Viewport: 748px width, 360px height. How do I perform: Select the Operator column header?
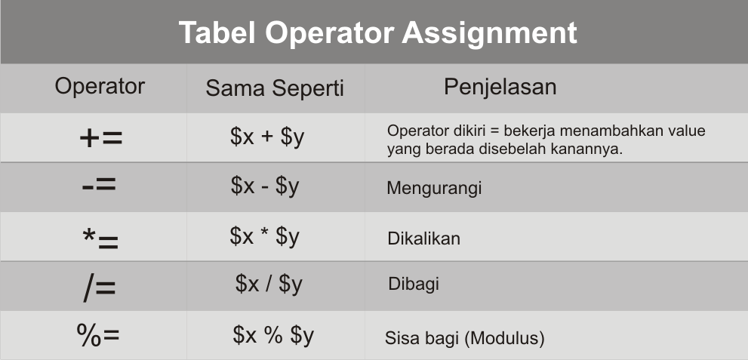(100, 86)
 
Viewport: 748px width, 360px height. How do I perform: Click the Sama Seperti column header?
(275, 88)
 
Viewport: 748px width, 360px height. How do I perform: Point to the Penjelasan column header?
(500, 87)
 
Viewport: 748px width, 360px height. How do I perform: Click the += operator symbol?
(100, 137)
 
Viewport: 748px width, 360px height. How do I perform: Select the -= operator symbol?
(99, 186)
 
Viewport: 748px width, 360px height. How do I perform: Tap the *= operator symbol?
(100, 238)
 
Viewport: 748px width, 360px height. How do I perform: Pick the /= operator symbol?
(100, 288)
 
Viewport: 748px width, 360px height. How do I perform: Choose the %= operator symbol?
(98, 335)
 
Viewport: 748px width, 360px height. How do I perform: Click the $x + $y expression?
(266, 138)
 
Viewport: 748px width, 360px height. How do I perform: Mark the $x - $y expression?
(265, 186)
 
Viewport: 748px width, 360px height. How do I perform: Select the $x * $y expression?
(265, 236)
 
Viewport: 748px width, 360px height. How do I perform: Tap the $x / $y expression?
(269, 284)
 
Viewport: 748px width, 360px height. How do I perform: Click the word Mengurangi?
(434, 188)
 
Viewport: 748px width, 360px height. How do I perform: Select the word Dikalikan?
(423, 238)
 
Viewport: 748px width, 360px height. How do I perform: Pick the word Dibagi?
(414, 285)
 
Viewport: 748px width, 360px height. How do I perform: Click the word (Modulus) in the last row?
(504, 338)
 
